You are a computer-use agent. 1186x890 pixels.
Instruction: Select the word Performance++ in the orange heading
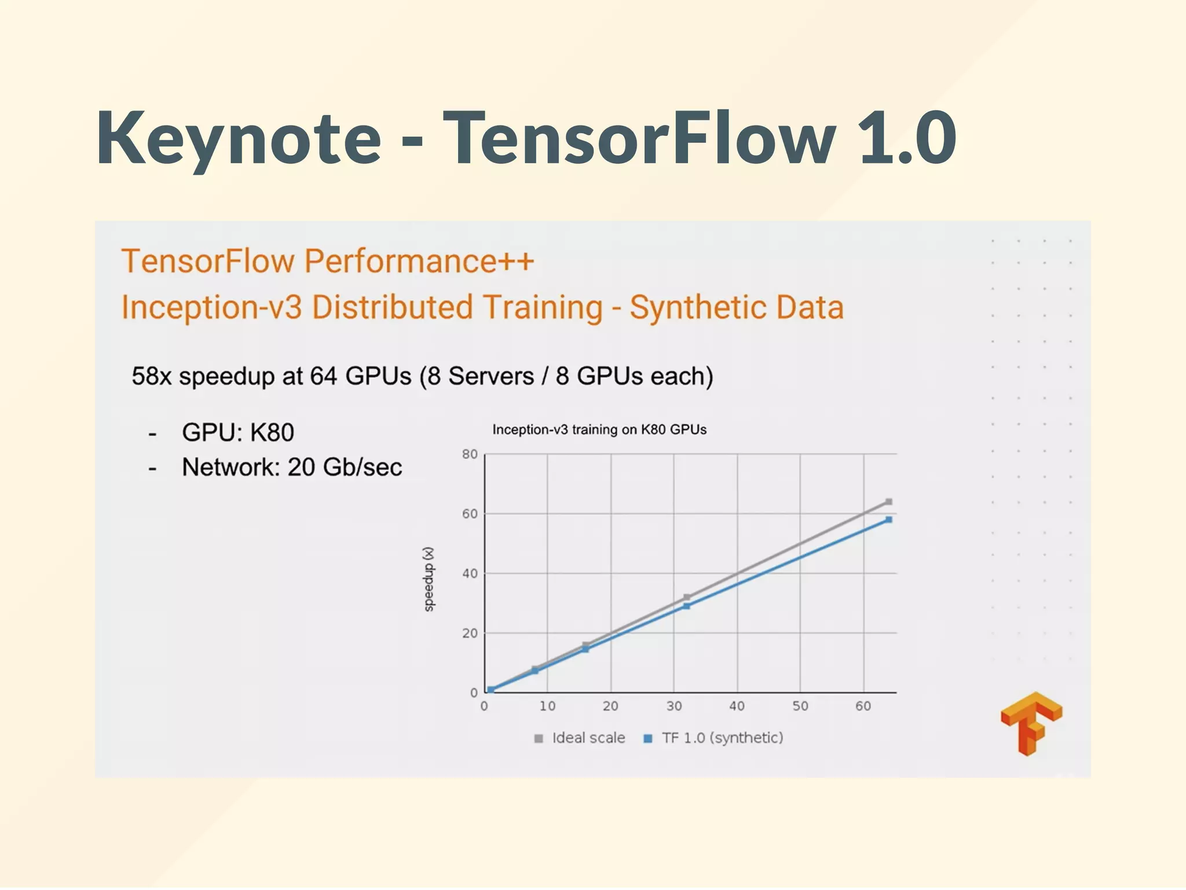click(419, 261)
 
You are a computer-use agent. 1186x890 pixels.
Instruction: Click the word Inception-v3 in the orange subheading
click(211, 307)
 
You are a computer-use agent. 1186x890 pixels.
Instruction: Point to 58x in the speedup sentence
click(151, 376)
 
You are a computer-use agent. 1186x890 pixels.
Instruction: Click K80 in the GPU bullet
click(272, 432)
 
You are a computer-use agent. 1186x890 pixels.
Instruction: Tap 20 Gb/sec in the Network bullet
click(345, 467)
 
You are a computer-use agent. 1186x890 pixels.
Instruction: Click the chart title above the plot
click(599, 429)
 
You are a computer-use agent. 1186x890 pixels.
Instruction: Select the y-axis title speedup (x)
click(429, 579)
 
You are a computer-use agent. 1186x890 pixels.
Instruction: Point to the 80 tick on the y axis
click(470, 454)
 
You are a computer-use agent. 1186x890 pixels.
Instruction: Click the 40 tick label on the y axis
click(470, 573)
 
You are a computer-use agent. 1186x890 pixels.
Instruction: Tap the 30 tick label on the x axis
click(673, 706)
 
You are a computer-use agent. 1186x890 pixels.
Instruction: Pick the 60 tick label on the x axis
click(863, 706)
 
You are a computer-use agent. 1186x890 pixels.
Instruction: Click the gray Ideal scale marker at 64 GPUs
click(889, 502)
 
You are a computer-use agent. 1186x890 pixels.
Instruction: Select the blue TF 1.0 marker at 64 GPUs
click(889, 520)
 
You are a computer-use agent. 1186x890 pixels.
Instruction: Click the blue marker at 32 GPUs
click(686, 606)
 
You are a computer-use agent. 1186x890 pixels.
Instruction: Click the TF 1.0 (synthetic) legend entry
click(714, 738)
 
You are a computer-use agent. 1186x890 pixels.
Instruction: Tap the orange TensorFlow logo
click(1031, 723)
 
